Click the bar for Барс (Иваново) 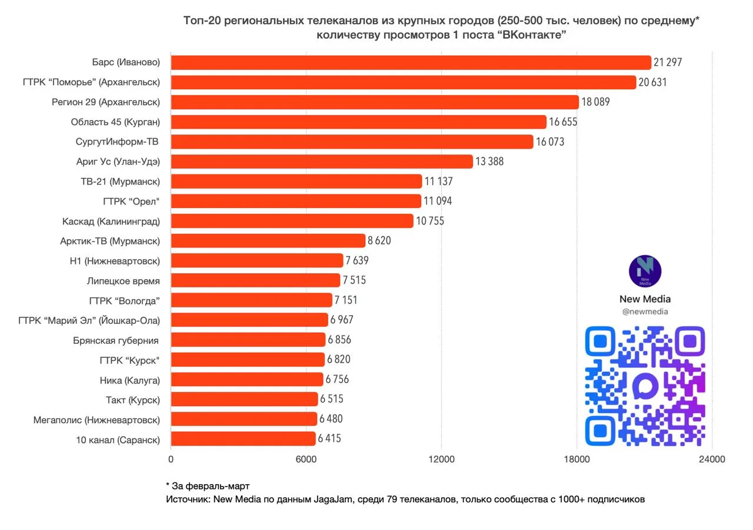pos(411,62)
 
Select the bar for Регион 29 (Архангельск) pos(375,102)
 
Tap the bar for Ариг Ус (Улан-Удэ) pos(322,161)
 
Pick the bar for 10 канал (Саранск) pos(243,438)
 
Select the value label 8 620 pos(379,240)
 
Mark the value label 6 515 pos(332,399)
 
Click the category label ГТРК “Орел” pos(131,201)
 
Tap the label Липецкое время pos(123,280)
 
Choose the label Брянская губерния pos(116,340)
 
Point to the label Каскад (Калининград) pos(111,221)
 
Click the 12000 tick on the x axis pos(441,460)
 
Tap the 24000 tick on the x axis pos(712,460)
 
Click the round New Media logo pos(645,271)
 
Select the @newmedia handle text pos(645,312)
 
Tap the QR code pos(645,385)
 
